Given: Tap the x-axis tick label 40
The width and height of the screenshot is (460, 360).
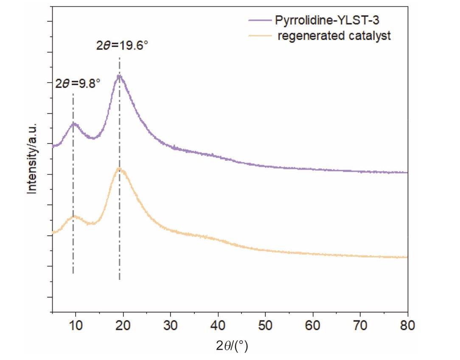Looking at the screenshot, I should tap(218, 326).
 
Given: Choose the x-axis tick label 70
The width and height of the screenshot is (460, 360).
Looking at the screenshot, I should tap(360, 326).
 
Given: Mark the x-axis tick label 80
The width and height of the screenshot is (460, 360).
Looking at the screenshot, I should tap(407, 326).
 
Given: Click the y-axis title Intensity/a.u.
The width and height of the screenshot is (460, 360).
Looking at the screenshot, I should tap(32, 158).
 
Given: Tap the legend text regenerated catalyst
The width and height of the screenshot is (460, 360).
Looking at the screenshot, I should tap(334, 36).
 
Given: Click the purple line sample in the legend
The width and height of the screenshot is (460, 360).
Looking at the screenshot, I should tap(259, 20).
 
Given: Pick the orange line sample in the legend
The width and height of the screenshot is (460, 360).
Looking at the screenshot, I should tap(259, 36).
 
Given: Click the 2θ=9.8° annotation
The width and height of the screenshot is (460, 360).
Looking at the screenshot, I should tap(78, 83).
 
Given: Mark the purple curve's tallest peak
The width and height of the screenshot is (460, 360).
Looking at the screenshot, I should tap(119, 76).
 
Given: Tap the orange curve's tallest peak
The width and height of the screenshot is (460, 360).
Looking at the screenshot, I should tap(119, 169).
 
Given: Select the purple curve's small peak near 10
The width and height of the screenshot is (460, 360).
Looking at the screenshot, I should tap(74, 124).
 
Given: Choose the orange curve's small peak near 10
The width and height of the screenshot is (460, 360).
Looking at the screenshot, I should tap(75, 217).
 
